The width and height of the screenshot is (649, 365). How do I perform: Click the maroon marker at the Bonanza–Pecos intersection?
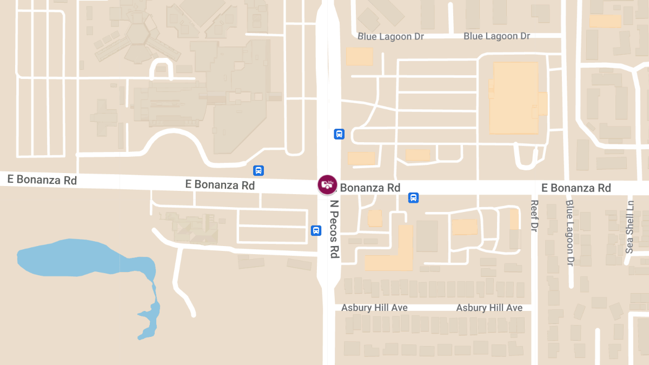tap(327, 184)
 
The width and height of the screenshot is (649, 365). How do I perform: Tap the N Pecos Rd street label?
tap(335, 229)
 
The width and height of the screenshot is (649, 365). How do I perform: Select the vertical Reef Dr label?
tap(534, 216)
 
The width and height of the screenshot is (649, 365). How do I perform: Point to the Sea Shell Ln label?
tap(630, 227)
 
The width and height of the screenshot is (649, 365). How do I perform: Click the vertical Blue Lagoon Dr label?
tap(569, 233)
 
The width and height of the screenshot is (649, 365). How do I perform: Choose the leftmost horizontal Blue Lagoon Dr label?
tap(390, 36)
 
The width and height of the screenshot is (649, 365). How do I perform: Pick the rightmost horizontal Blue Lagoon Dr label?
tap(496, 36)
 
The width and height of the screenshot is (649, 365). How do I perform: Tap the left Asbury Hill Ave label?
tap(374, 308)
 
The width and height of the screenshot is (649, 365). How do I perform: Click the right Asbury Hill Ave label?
tap(489, 308)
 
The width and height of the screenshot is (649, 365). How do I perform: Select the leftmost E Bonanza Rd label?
tap(42, 180)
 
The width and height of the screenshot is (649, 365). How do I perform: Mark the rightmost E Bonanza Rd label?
tap(576, 188)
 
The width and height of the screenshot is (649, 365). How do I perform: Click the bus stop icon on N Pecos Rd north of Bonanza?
tap(339, 134)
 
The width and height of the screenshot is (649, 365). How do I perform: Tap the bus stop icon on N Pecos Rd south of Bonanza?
tap(316, 231)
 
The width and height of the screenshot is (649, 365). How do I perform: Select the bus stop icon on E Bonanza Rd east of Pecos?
tap(414, 198)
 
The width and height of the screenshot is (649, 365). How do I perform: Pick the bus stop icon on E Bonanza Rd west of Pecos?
tap(259, 171)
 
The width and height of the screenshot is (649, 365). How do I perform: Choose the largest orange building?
tap(514, 98)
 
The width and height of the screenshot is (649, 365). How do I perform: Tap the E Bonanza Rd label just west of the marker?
tap(220, 184)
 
